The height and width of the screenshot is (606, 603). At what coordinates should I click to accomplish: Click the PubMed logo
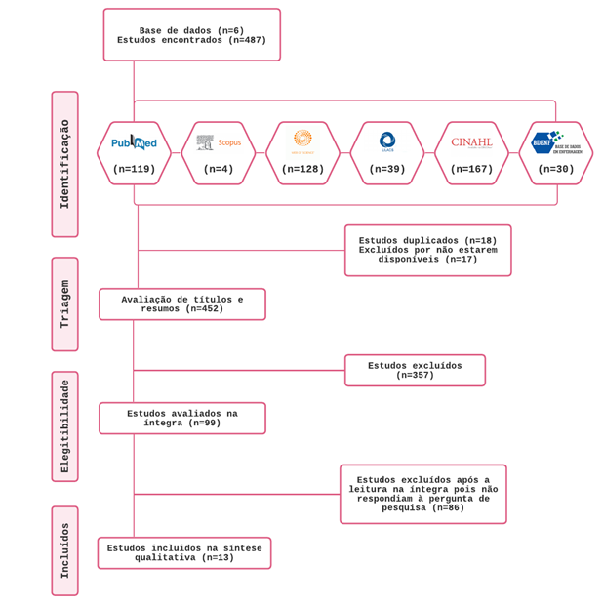[x=134, y=142]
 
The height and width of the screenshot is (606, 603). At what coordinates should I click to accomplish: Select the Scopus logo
[x=219, y=142]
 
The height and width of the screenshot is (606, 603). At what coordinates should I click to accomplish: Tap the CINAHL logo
[x=471, y=142]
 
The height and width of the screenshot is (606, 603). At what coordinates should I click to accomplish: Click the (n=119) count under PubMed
[x=134, y=169]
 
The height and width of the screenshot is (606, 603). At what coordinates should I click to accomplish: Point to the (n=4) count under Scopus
[x=219, y=169]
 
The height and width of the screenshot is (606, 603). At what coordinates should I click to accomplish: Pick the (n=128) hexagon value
[x=302, y=169]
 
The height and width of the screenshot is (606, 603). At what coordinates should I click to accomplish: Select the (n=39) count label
[x=387, y=169]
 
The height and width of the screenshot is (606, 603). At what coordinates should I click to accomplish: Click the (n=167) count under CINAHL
[x=471, y=169]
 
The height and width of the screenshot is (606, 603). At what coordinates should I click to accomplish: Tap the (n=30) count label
[x=556, y=169]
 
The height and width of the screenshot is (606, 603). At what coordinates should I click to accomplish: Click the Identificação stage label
[x=65, y=164]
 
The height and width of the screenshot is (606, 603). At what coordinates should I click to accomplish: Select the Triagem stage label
[x=65, y=303]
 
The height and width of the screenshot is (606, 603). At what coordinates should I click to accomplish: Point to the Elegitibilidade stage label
[x=65, y=426]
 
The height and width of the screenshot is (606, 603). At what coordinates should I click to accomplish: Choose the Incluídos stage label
[x=65, y=550]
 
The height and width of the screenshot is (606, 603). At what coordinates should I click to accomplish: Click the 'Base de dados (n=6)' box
[x=192, y=35]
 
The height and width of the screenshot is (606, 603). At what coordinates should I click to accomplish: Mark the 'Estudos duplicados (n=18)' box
[x=427, y=251]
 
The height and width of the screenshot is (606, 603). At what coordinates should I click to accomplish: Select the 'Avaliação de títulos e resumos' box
[x=182, y=304]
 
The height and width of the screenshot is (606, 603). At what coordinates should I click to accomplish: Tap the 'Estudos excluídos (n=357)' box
[x=415, y=371]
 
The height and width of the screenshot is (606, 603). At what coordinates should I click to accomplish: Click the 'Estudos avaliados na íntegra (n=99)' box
[x=182, y=419]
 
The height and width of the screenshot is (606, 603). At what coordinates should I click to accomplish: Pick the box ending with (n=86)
[x=423, y=494]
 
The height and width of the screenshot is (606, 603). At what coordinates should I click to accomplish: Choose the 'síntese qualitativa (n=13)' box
[x=184, y=553]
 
